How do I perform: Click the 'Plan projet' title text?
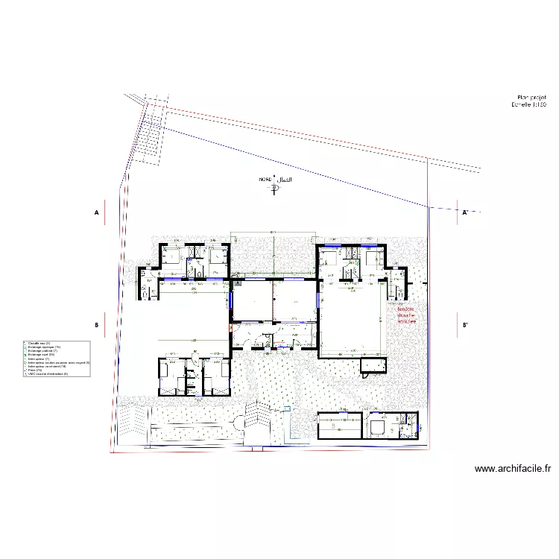531,98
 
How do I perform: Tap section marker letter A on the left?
96,212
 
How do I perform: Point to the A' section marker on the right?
464,212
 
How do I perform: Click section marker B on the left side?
96,325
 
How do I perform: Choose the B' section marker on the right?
465,325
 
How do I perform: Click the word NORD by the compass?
265,180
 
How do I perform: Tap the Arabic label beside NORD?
283,180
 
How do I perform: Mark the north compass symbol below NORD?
275,189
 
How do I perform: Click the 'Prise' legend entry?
34,370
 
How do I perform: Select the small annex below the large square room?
373,364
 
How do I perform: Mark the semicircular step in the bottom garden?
237,423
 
